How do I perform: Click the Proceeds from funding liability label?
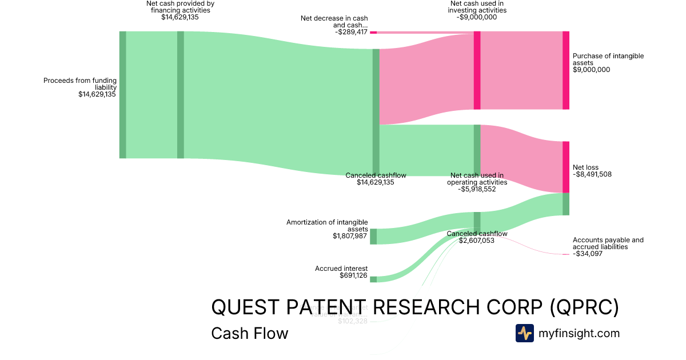[x=80, y=87]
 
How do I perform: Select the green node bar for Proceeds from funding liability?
[x=122, y=94]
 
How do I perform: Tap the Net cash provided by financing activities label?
[x=180, y=10]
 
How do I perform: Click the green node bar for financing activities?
[x=181, y=94]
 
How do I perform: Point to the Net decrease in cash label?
[x=334, y=25]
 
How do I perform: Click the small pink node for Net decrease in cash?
[x=373, y=33]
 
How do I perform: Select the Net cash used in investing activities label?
[x=477, y=10]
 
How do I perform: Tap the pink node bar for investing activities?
[x=477, y=70]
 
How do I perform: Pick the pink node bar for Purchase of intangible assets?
[x=566, y=70]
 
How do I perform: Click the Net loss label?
[x=592, y=171]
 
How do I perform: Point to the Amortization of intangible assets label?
[x=327, y=229]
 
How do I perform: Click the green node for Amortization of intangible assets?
[x=373, y=236]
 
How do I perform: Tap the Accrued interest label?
[x=341, y=272]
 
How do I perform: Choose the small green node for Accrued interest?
[x=373, y=279]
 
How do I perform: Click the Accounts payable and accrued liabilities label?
[x=608, y=247]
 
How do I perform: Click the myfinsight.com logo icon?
[x=524, y=333]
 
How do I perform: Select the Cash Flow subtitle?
[x=250, y=333]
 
